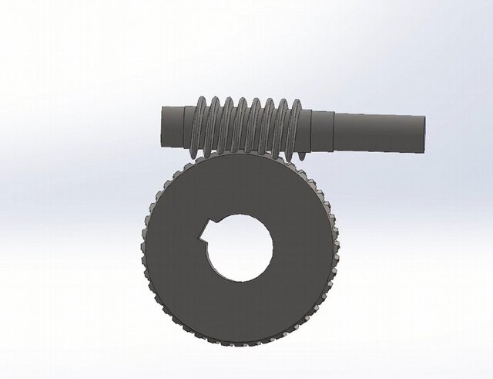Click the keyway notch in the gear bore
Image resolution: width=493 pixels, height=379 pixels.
(206, 230)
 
